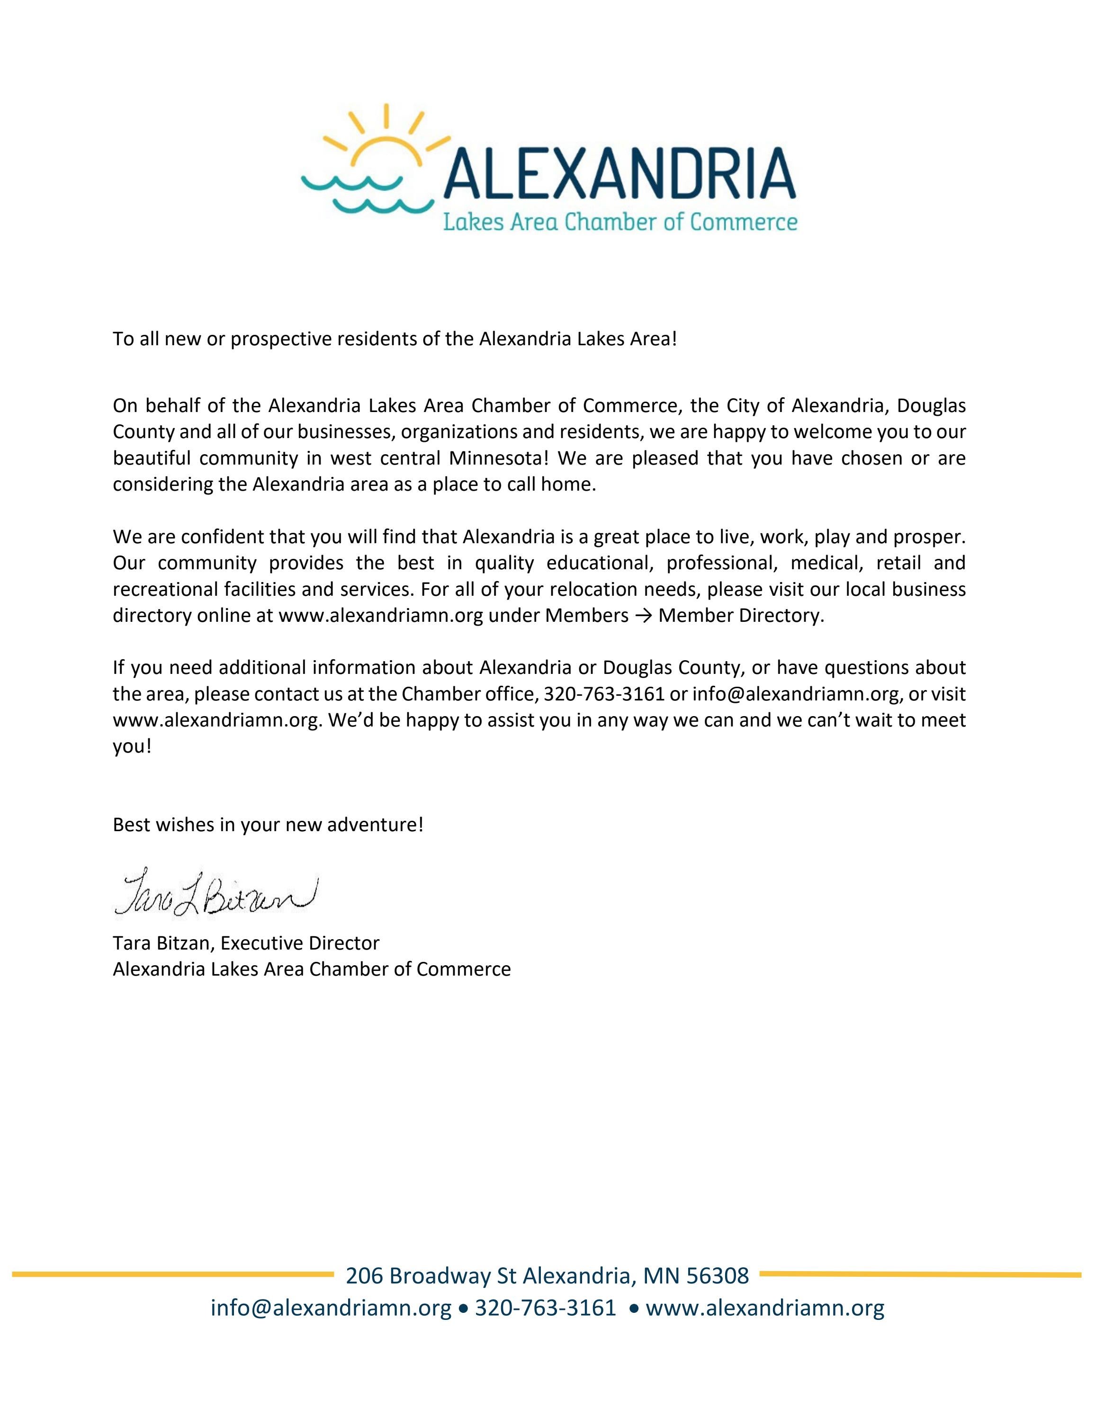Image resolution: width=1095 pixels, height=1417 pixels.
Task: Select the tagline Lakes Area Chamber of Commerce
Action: point(619,223)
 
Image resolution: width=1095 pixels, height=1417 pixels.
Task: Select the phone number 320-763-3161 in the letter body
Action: point(604,693)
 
